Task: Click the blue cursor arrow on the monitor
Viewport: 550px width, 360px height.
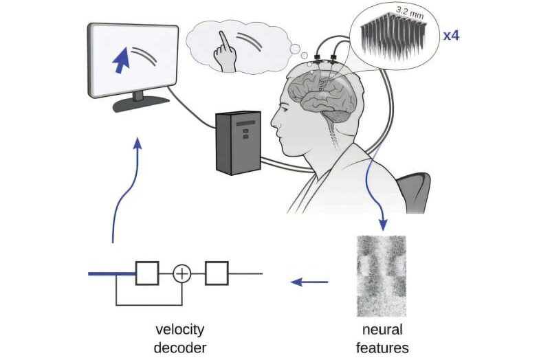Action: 121,60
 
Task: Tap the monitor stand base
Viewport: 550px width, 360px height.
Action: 141,104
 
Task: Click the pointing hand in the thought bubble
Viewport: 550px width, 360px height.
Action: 224,53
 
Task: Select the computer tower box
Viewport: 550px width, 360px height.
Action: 238,143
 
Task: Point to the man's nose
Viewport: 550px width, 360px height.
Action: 274,122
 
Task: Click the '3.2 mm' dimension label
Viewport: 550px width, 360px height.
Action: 410,12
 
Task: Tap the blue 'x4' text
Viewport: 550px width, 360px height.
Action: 451,36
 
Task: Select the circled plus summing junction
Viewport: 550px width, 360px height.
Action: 182,273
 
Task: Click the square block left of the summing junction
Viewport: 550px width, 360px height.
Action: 147,273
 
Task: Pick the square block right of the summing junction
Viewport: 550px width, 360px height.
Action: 217,273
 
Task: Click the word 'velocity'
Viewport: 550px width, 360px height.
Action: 179,330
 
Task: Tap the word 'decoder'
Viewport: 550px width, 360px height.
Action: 180,348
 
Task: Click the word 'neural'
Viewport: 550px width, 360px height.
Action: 382,330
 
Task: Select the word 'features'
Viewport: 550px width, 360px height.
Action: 382,348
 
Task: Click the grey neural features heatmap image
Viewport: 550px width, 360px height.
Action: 382,276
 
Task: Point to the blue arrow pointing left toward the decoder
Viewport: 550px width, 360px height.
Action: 309,282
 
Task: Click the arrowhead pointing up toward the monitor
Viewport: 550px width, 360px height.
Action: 138,143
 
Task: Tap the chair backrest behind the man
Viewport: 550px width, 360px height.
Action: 414,192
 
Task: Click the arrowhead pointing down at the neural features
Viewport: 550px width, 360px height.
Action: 384,225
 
